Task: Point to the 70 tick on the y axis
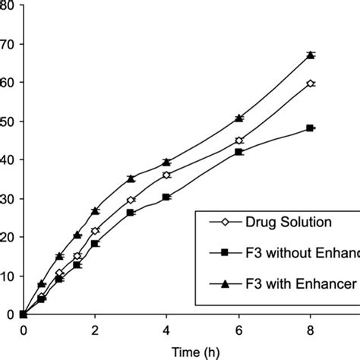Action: pyautogui.click(x=7, y=44)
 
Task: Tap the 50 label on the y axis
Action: pyautogui.click(x=7, y=122)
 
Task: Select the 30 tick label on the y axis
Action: pyautogui.click(x=7, y=199)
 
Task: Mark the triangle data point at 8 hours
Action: pyautogui.click(x=310, y=55)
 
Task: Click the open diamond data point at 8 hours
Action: pyautogui.click(x=310, y=84)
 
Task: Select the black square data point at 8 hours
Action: pyautogui.click(x=310, y=128)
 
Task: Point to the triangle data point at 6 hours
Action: pyautogui.click(x=238, y=118)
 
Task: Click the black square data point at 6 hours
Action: pyautogui.click(x=238, y=152)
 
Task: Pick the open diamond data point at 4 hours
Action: pyautogui.click(x=166, y=175)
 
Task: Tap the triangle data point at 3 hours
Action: pyautogui.click(x=131, y=178)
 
